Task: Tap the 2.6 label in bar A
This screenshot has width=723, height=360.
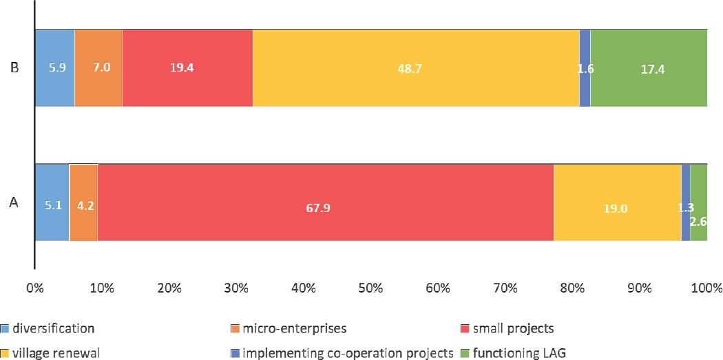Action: click(x=698, y=221)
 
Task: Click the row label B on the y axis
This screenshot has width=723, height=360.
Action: click(x=13, y=68)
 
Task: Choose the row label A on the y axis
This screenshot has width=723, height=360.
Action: click(x=13, y=202)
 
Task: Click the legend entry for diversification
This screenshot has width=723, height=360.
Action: click(x=52, y=328)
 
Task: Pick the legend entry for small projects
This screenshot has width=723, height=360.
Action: click(x=512, y=328)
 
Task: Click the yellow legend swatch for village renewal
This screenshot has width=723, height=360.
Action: click(x=6, y=354)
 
